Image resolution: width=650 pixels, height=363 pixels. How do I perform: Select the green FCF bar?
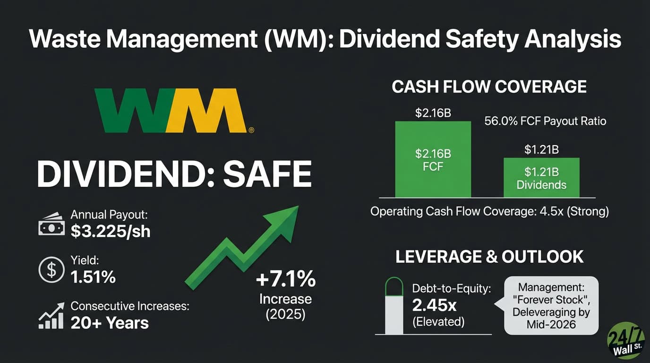(x=433, y=159)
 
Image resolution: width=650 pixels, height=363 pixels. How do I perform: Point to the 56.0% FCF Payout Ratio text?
(x=545, y=121)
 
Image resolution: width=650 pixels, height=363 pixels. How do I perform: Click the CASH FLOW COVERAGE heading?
(x=489, y=87)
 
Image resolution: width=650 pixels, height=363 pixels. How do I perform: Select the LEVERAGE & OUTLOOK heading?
(x=489, y=257)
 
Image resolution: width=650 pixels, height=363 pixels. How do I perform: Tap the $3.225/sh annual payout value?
(x=111, y=232)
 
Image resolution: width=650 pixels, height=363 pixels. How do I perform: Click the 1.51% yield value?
(x=93, y=277)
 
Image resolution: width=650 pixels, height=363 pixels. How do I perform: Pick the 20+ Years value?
(x=110, y=323)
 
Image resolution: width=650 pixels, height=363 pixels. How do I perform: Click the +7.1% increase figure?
(x=285, y=279)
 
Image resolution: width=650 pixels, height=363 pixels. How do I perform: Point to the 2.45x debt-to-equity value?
(x=434, y=305)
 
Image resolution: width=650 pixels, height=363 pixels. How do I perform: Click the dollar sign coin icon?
(x=51, y=270)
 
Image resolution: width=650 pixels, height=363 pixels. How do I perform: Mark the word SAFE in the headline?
(x=267, y=174)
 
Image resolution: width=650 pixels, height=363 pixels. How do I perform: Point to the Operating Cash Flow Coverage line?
(x=489, y=211)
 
